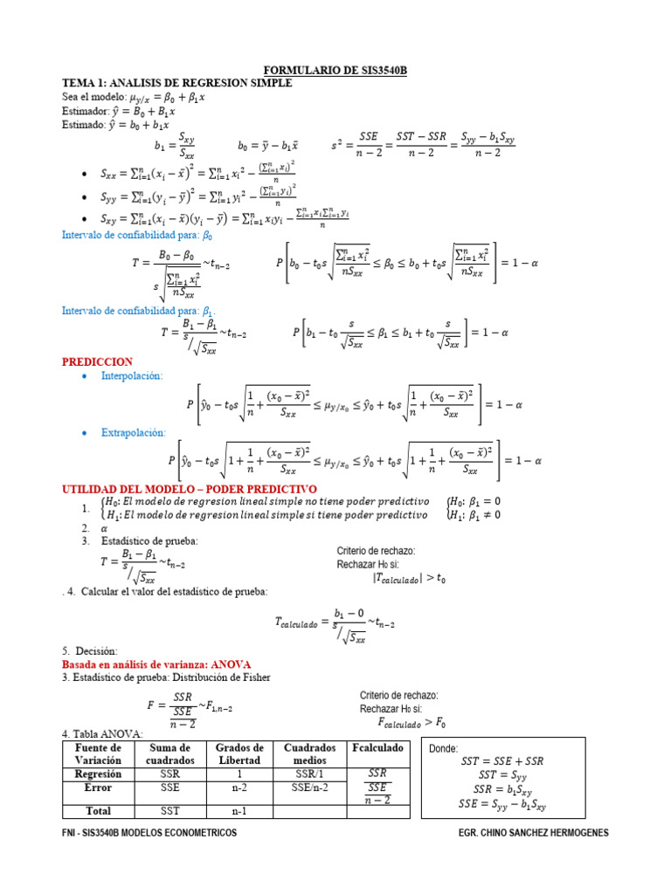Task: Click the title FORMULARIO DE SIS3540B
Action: pyautogui.click(x=335, y=71)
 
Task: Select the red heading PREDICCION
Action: pyautogui.click(x=97, y=361)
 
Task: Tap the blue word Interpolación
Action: pyautogui.click(x=132, y=375)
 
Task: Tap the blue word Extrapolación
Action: pyautogui.click(x=133, y=432)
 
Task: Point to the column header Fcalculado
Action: pyautogui.click(x=377, y=749)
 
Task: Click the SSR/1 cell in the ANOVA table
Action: pyautogui.click(x=309, y=774)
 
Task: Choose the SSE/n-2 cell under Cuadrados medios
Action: pyautogui.click(x=309, y=787)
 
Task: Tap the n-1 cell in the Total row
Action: pyautogui.click(x=239, y=811)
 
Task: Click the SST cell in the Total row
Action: pyautogui.click(x=169, y=811)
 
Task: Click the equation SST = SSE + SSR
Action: pyautogui.click(x=502, y=761)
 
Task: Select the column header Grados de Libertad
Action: pyautogui.click(x=239, y=754)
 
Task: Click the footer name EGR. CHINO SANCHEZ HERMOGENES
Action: pyautogui.click(x=533, y=833)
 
